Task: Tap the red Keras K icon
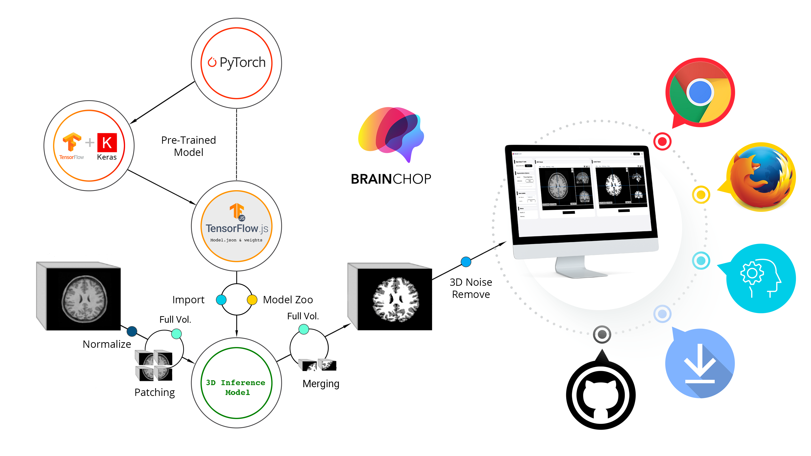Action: (107, 143)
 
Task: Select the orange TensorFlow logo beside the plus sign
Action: (72, 142)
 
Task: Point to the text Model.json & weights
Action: (236, 240)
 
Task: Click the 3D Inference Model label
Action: (236, 387)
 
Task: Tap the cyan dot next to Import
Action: (221, 300)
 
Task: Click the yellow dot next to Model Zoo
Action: (252, 300)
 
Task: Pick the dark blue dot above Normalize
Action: (132, 331)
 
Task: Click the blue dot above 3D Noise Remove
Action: (466, 261)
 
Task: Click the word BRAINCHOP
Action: (391, 179)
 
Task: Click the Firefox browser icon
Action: (761, 177)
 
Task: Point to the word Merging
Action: (321, 384)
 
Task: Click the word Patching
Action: (155, 393)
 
